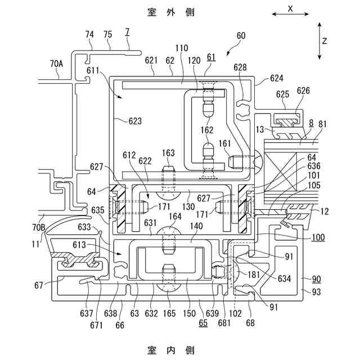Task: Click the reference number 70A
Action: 56,64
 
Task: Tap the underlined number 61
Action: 211,57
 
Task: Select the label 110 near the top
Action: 182,48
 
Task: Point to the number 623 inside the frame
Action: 135,121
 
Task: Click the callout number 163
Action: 168,153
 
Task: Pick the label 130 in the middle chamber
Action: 188,206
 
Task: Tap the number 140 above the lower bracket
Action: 196,226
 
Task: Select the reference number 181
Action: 253,274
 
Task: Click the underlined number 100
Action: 318,237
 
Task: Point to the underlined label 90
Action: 316,279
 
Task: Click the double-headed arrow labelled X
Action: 290,14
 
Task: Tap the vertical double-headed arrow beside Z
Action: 319,41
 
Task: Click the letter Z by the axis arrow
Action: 325,41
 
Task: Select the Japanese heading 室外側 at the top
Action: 171,12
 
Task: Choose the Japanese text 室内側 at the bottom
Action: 171,350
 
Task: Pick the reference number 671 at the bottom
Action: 96,325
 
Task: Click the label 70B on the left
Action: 39,227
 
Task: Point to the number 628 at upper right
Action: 240,67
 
